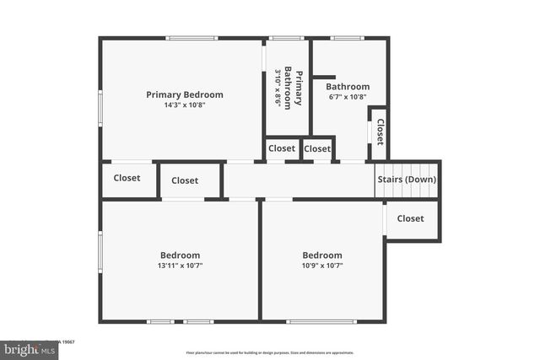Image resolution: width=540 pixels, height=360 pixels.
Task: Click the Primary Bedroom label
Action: pyautogui.click(x=185, y=94)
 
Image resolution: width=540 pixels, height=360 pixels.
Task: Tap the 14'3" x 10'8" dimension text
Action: pyautogui.click(x=185, y=105)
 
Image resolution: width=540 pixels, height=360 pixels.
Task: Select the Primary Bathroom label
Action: pyautogui.click(x=293, y=86)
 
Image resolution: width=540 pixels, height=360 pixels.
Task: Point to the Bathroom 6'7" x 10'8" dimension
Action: pyautogui.click(x=348, y=97)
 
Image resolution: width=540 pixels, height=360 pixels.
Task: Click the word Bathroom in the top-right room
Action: pyautogui.click(x=348, y=86)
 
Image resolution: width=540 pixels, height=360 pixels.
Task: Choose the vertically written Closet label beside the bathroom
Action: pyautogui.click(x=380, y=132)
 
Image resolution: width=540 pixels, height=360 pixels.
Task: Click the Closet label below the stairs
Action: pyautogui.click(x=410, y=218)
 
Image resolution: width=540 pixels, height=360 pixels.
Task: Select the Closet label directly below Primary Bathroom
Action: pyautogui.click(x=282, y=148)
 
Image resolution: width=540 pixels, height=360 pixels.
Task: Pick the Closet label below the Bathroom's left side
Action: pyautogui.click(x=317, y=148)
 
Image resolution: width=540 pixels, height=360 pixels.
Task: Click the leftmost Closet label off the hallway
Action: pyautogui.click(x=127, y=178)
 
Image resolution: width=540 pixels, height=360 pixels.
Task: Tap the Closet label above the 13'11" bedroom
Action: pyautogui.click(x=185, y=180)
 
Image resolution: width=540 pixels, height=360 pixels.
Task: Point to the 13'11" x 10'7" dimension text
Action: pyautogui.click(x=181, y=266)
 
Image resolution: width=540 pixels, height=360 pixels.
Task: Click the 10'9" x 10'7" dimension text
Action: pyautogui.click(x=322, y=266)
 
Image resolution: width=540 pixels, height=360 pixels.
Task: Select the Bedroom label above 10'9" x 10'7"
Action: pyautogui.click(x=322, y=255)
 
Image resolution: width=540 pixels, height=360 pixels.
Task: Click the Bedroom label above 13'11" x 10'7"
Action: pyautogui.click(x=181, y=255)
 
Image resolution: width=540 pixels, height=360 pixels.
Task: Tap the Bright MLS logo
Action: pyautogui.click(x=25, y=347)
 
